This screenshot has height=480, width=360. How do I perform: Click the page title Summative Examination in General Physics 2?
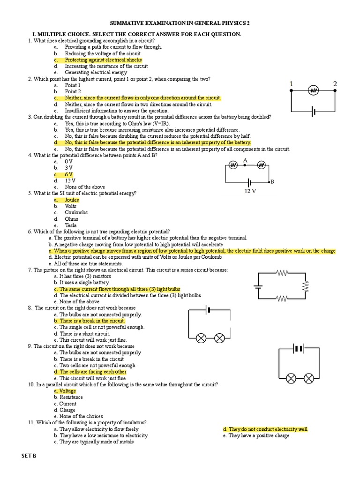(180, 22)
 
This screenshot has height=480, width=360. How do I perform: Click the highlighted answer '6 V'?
(68, 174)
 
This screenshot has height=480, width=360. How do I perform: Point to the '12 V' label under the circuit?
(250, 191)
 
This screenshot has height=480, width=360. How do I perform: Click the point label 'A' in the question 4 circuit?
(245, 160)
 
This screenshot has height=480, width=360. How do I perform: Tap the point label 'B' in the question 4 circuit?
(271, 181)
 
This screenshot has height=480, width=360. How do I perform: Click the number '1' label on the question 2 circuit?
(292, 84)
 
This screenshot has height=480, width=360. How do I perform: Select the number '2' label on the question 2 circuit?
(335, 84)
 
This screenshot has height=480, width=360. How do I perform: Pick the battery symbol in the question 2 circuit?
(313, 112)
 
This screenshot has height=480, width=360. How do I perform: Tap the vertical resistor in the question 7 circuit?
(305, 285)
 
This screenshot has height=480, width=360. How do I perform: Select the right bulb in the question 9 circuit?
(308, 378)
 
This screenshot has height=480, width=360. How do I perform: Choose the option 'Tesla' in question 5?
(70, 225)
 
